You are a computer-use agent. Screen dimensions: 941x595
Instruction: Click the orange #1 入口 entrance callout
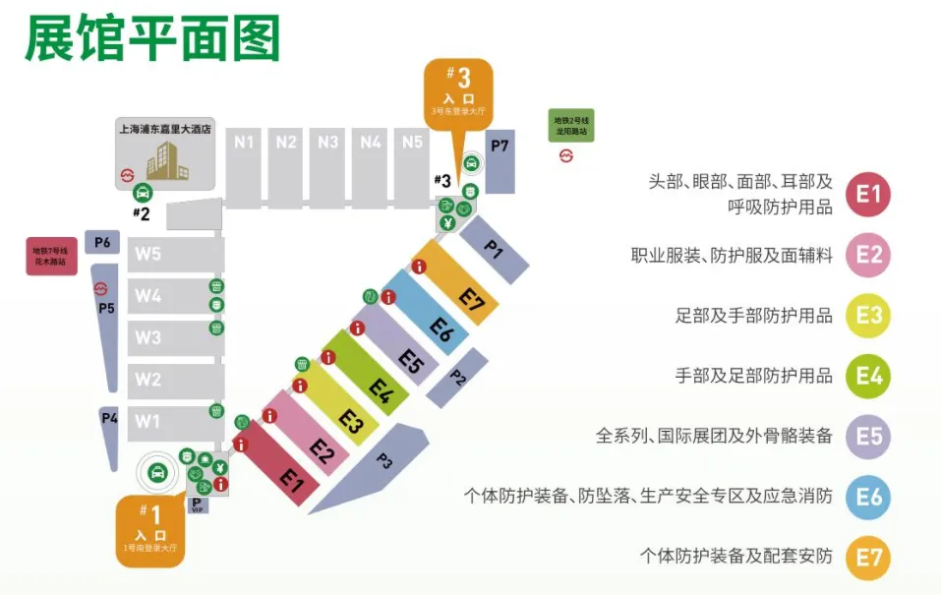click(150, 529)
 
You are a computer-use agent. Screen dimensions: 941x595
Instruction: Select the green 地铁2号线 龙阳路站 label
click(571, 125)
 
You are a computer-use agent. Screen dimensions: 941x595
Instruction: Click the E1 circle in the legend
click(868, 194)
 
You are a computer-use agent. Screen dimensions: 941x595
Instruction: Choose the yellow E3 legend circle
click(868, 316)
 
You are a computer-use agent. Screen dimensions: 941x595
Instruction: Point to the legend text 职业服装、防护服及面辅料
click(732, 256)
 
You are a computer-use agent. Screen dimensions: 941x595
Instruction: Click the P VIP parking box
click(197, 506)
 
